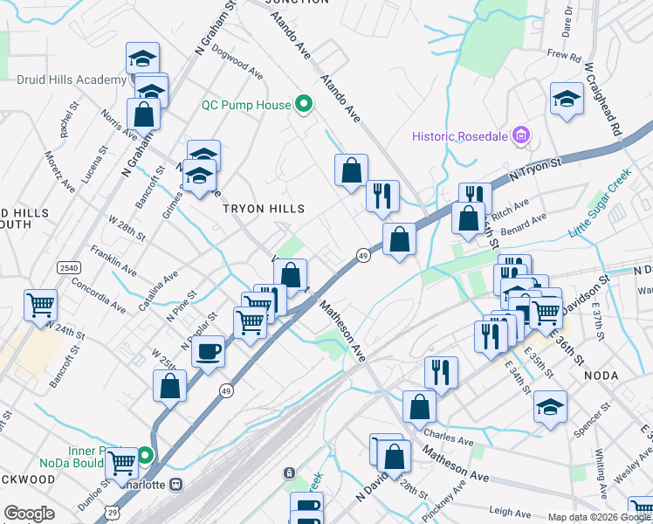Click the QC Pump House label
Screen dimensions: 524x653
pos(246,105)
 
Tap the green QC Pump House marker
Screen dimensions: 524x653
pos(304,105)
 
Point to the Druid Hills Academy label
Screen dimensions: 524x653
pos(72,80)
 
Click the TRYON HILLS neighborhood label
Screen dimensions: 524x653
pos(264,209)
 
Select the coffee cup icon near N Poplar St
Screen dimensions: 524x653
pos(208,352)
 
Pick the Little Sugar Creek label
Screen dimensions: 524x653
pos(600,203)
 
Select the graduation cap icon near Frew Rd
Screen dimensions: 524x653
pos(567,98)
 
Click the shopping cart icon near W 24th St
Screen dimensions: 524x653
pos(40,305)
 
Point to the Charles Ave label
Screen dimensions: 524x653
pos(441,431)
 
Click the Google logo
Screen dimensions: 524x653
pos(30,514)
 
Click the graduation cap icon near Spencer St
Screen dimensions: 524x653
pos(549,407)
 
